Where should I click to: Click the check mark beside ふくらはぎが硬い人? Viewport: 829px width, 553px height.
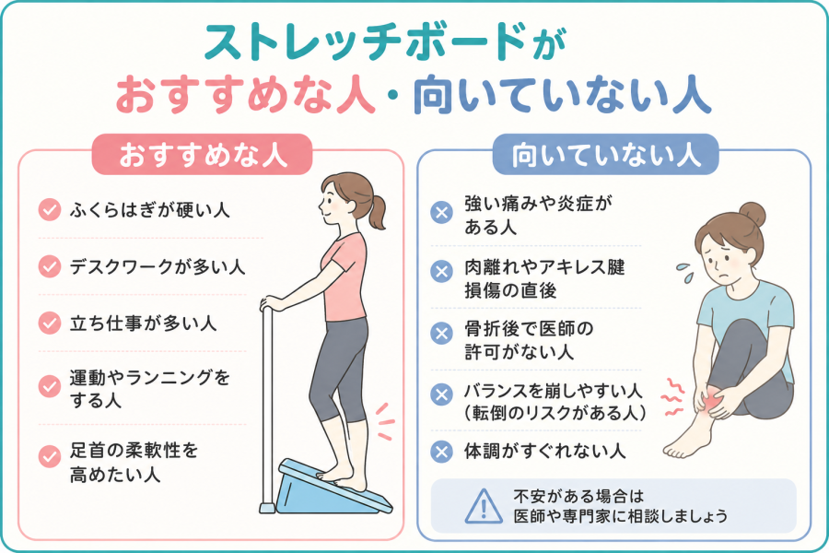(50, 209)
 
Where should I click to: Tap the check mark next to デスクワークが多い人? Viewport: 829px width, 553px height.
(50, 266)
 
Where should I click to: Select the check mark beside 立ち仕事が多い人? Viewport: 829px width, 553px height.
(50, 323)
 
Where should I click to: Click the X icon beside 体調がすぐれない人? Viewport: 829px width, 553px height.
(441, 452)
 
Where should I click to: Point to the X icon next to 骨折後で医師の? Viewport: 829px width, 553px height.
(441, 334)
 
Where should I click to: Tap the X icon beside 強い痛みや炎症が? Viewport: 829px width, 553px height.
(441, 213)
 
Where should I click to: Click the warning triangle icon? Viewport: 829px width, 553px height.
(484, 506)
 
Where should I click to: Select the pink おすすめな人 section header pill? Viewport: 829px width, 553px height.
(203, 155)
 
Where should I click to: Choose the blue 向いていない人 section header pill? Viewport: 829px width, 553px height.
(605, 155)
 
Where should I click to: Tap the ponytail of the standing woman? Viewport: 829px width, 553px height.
(377, 213)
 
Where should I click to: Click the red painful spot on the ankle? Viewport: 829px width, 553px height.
(710, 398)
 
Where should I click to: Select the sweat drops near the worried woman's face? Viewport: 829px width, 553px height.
(684, 272)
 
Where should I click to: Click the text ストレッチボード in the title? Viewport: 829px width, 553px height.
(364, 43)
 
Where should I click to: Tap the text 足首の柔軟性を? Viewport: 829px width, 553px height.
(134, 451)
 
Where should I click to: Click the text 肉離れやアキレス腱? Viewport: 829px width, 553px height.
(544, 266)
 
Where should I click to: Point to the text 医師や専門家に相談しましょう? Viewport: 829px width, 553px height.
(620, 516)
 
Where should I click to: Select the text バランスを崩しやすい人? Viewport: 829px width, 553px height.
(553, 391)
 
